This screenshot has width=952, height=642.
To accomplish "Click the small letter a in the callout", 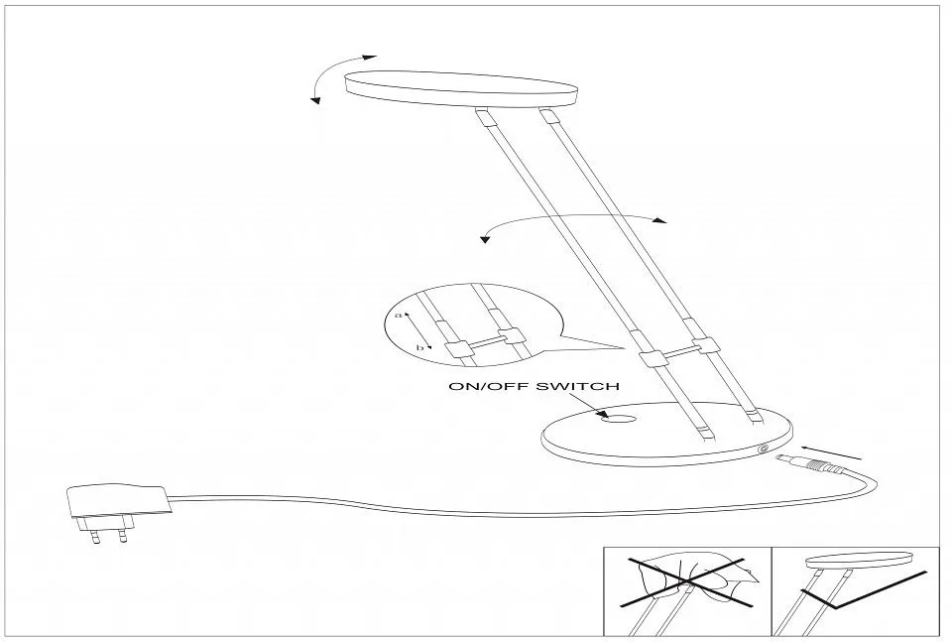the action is point(399,315).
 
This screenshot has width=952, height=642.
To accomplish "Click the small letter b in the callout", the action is point(418,347).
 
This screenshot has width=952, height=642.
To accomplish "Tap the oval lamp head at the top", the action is point(461,90).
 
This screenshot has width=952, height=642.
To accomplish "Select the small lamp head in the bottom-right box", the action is point(859,560).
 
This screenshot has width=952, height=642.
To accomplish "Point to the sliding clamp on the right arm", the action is point(707,346).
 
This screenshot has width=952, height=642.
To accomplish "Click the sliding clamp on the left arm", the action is point(652,357).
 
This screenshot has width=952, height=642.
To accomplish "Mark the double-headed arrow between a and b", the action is point(417,331).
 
